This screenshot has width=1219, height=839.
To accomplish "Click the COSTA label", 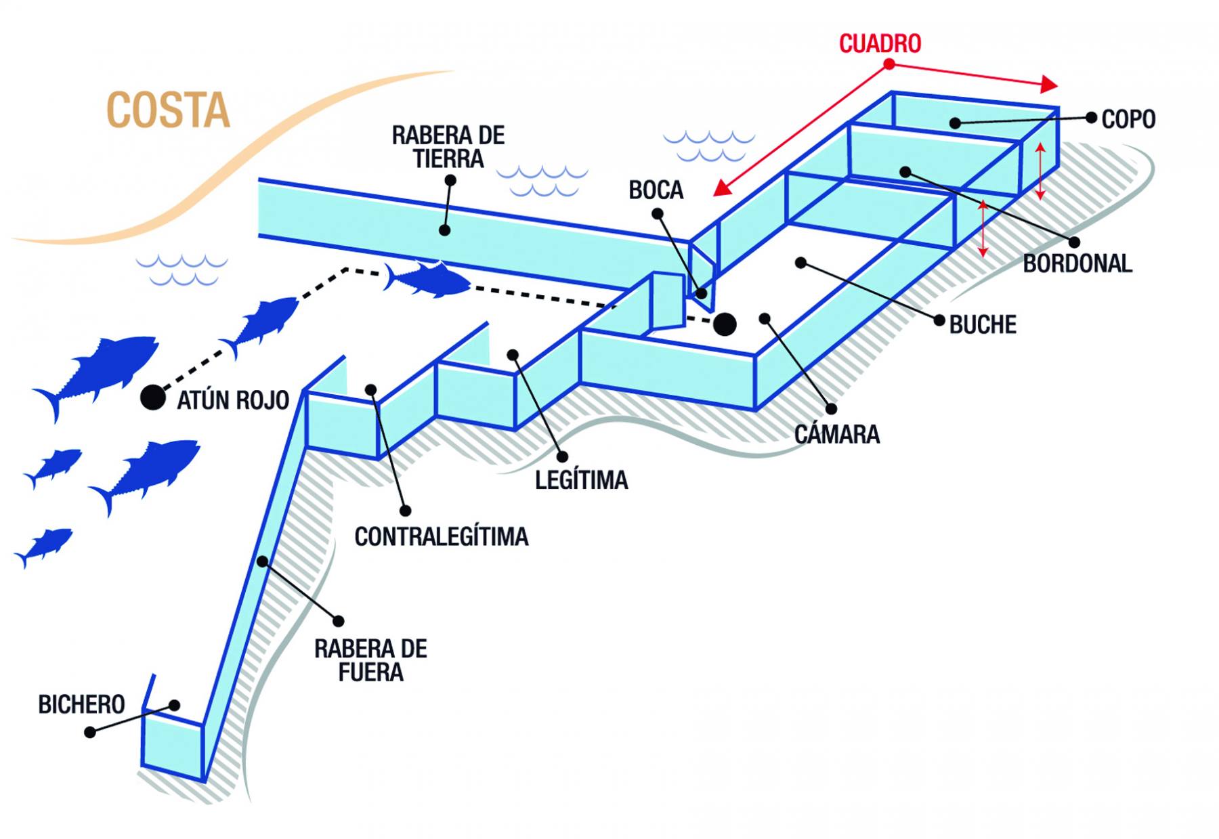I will pyautogui.click(x=169, y=110).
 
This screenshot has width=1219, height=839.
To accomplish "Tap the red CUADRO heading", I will pyautogui.click(x=880, y=43).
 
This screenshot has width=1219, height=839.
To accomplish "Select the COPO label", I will pyautogui.click(x=1128, y=119).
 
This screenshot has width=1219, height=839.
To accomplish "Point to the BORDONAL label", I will pyautogui.click(x=1077, y=263).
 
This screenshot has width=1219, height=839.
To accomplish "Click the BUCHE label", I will pyautogui.click(x=983, y=325).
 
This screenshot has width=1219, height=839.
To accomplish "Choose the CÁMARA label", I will pyautogui.click(x=836, y=434).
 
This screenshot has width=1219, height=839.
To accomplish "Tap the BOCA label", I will pyautogui.click(x=656, y=190).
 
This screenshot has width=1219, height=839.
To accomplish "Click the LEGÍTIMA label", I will pyautogui.click(x=581, y=480).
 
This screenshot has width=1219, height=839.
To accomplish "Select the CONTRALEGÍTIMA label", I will pyautogui.click(x=442, y=537).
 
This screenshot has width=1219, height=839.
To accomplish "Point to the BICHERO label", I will pyautogui.click(x=81, y=705).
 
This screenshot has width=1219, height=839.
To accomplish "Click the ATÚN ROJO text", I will pyautogui.click(x=233, y=400).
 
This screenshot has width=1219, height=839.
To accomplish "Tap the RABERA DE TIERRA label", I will pyautogui.click(x=448, y=147).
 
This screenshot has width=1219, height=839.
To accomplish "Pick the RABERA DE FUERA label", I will pyautogui.click(x=370, y=660).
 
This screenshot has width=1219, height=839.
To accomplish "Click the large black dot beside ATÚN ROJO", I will pyautogui.click(x=153, y=397).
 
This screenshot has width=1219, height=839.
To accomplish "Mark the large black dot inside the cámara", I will pyautogui.click(x=725, y=324).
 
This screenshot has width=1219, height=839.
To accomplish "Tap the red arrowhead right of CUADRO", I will pyautogui.click(x=1048, y=84).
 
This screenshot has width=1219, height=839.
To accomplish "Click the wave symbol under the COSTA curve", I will pyautogui.click(x=181, y=269).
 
